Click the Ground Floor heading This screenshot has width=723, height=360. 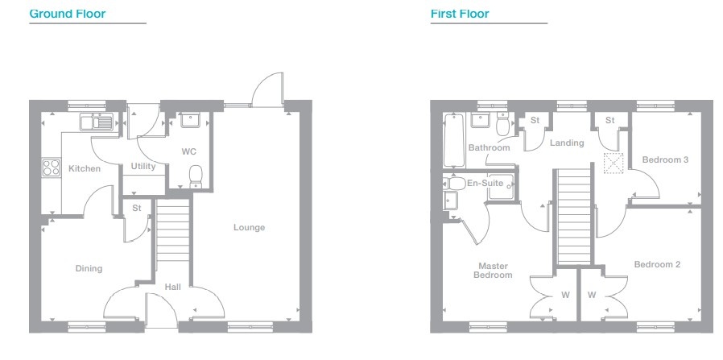[68, 14]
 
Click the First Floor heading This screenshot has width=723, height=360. [460, 14]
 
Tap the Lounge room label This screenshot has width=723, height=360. [249, 227]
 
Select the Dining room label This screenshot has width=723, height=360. [89, 268]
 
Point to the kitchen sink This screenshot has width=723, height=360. [96, 122]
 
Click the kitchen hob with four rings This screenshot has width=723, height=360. [52, 168]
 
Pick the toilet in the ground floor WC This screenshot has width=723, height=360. [196, 176]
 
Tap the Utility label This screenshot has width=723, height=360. [143, 166]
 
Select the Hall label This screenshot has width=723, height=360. [173, 288]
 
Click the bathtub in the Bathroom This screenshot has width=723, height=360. [454, 141]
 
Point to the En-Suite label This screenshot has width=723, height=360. [484, 184]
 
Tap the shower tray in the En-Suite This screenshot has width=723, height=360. [502, 187]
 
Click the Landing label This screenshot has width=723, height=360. [567, 143]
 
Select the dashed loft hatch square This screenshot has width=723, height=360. [614, 163]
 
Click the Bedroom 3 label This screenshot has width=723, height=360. [665, 159]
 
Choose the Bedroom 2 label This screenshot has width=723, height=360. [657, 265]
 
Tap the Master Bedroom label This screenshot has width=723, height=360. [493, 271]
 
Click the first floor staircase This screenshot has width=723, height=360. [574, 217]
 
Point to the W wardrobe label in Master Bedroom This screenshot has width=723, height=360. [565, 295]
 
